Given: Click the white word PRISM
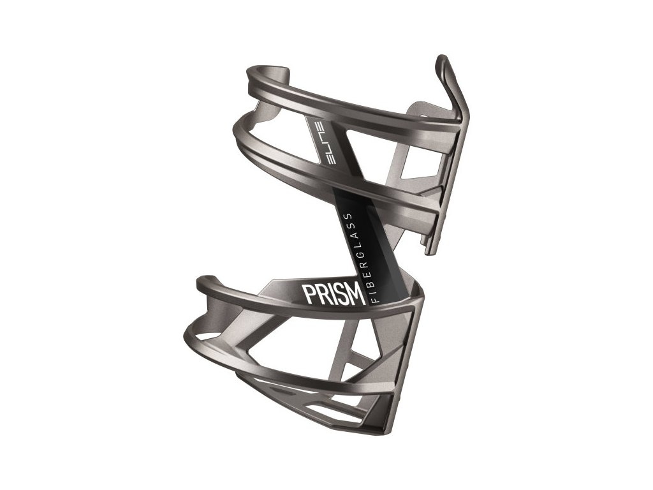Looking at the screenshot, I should (334, 294).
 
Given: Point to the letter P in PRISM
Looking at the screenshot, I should (310, 295).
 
